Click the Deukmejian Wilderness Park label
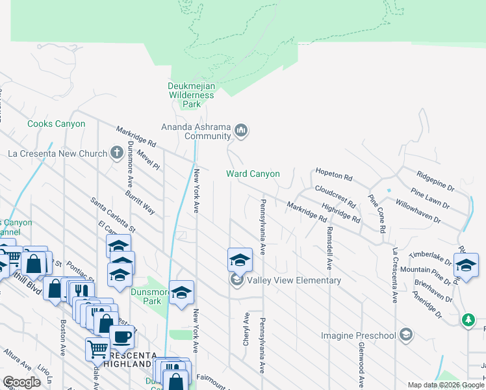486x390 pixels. [x=190, y=95]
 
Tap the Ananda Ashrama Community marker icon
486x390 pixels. [x=241, y=131]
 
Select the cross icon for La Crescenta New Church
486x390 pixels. [x=116, y=153]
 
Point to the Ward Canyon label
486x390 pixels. [x=253, y=174]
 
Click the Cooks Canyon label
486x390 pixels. [x=56, y=123]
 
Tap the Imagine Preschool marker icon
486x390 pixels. [x=406, y=335]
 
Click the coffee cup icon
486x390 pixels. [x=122, y=337]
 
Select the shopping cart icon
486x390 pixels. [x=97, y=349]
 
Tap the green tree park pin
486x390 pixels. [x=468, y=320]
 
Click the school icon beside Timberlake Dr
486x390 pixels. [x=466, y=264]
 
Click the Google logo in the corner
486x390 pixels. [x=21, y=382]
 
